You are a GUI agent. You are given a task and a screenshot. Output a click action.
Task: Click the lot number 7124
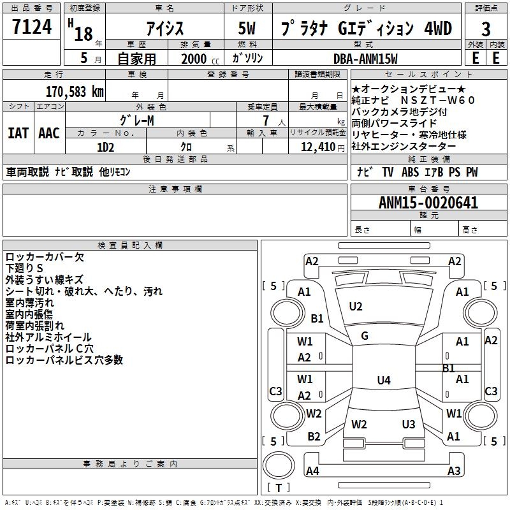pyautogui.click(x=32, y=27)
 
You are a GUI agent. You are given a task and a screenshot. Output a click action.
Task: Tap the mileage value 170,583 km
pyautogui.click(x=75, y=92)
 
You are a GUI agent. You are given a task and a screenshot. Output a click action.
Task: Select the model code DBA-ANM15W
pyautogui.click(x=365, y=59)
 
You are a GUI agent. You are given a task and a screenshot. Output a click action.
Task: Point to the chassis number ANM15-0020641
pyautogui.click(x=428, y=203)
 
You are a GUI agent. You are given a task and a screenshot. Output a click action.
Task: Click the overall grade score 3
pyautogui.click(x=486, y=29)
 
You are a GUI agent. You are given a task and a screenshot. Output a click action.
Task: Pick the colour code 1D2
pyautogui.click(x=106, y=147)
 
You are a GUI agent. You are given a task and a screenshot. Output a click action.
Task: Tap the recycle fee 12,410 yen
pyautogui.click(x=323, y=147)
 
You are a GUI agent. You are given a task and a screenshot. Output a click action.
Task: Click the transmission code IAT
pyautogui.click(x=18, y=133)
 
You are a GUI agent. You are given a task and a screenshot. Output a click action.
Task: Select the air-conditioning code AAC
pyautogui.click(x=49, y=133)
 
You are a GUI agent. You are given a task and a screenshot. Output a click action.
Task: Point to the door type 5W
pyautogui.click(x=247, y=28)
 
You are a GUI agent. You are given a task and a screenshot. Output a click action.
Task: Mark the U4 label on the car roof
pyautogui.click(x=384, y=380)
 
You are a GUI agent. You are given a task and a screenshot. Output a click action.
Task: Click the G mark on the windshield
pyautogui.click(x=365, y=336)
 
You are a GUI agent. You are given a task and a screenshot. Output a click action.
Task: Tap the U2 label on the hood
pyautogui.click(x=356, y=307)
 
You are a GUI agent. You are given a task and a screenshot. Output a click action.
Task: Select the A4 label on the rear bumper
pyautogui.click(x=312, y=470)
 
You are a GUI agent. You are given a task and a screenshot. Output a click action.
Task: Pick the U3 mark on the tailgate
pyautogui.click(x=409, y=424)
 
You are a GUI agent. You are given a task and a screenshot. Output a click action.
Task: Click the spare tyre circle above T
pyautogui.click(x=279, y=465)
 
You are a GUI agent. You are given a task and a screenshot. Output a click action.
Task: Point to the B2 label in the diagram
pyautogui.click(x=314, y=437)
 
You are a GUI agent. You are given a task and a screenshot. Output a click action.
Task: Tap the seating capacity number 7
pyautogui.click(x=266, y=120)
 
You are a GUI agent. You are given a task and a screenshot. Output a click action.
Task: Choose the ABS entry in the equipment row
pyautogui.click(x=410, y=172)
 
